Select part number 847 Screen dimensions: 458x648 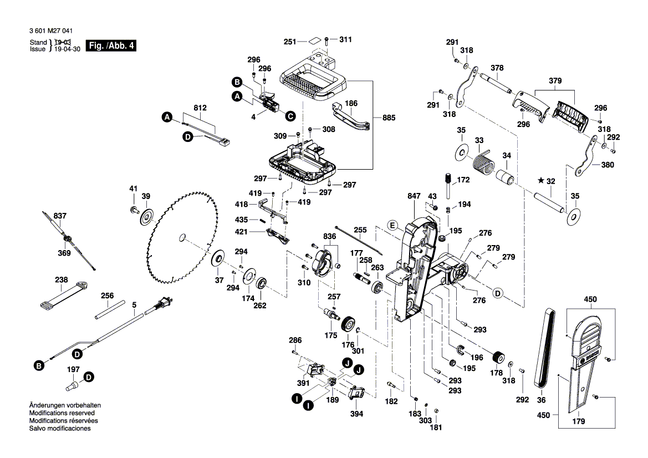point(414,197)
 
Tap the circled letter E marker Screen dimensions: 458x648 point(391,225)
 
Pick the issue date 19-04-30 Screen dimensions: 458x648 point(65,49)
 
